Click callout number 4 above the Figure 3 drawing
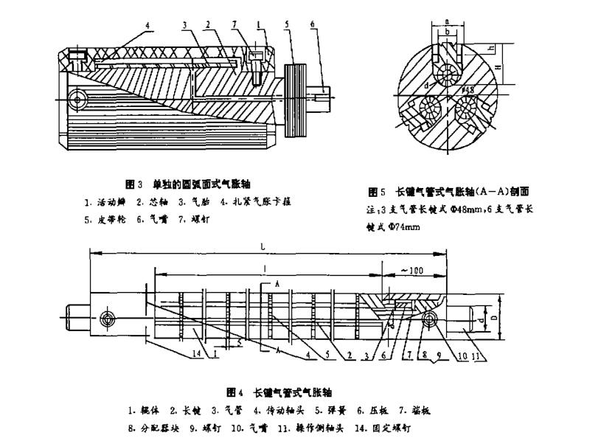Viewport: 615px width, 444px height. click(x=147, y=25)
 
